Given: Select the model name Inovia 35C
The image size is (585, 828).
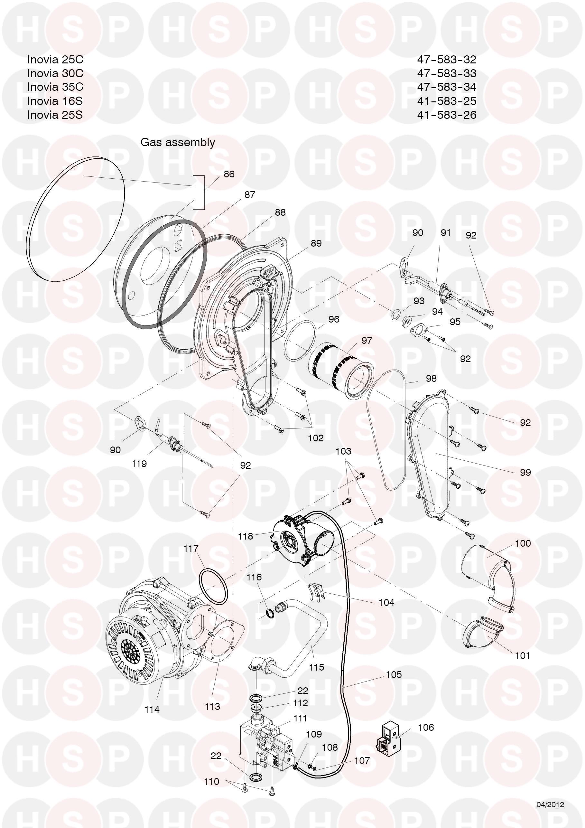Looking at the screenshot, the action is pos(55,87).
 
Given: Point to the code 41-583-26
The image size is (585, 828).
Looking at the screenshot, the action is pos(447,115).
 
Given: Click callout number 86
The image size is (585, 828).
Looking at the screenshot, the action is pos(229,174).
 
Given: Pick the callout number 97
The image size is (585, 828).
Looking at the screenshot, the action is pos(367,340).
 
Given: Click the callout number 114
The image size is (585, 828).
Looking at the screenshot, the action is pos(152,710).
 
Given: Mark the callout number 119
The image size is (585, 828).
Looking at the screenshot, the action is pos(139,464).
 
